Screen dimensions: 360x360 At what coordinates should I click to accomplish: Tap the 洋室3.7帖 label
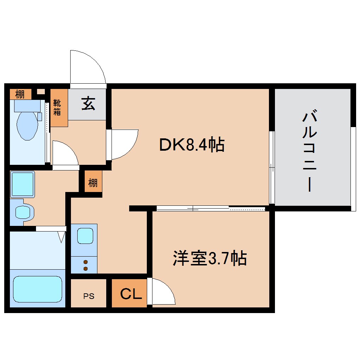point(209,259)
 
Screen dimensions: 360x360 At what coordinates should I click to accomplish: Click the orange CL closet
point(130,293)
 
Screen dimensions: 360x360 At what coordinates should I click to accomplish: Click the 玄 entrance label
point(88,104)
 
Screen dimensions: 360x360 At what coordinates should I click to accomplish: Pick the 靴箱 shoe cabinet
point(58,107)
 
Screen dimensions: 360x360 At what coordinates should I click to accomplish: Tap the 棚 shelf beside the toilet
point(20,94)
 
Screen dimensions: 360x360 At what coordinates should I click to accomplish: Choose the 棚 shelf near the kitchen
point(93,183)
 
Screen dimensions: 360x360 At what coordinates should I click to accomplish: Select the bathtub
point(37,289)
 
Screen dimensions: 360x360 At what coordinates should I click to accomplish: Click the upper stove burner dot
point(85,262)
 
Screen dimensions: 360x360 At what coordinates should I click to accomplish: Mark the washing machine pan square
point(22,184)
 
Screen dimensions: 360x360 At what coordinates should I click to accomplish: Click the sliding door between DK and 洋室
point(210,209)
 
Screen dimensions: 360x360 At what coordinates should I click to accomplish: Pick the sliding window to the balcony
point(272,168)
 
